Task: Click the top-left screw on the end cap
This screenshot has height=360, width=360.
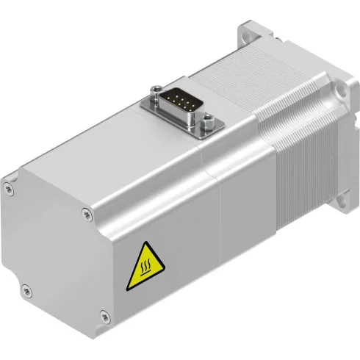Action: [x=10, y=179]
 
